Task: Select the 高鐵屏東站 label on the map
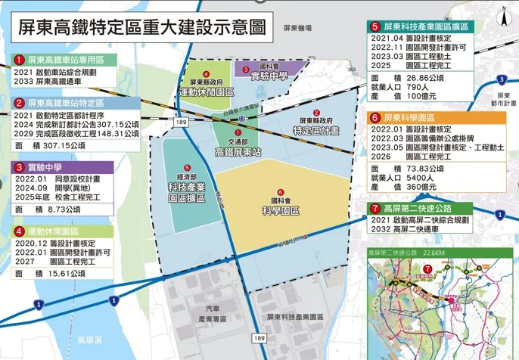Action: point(238,152)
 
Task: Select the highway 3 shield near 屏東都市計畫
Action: point(500,80)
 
